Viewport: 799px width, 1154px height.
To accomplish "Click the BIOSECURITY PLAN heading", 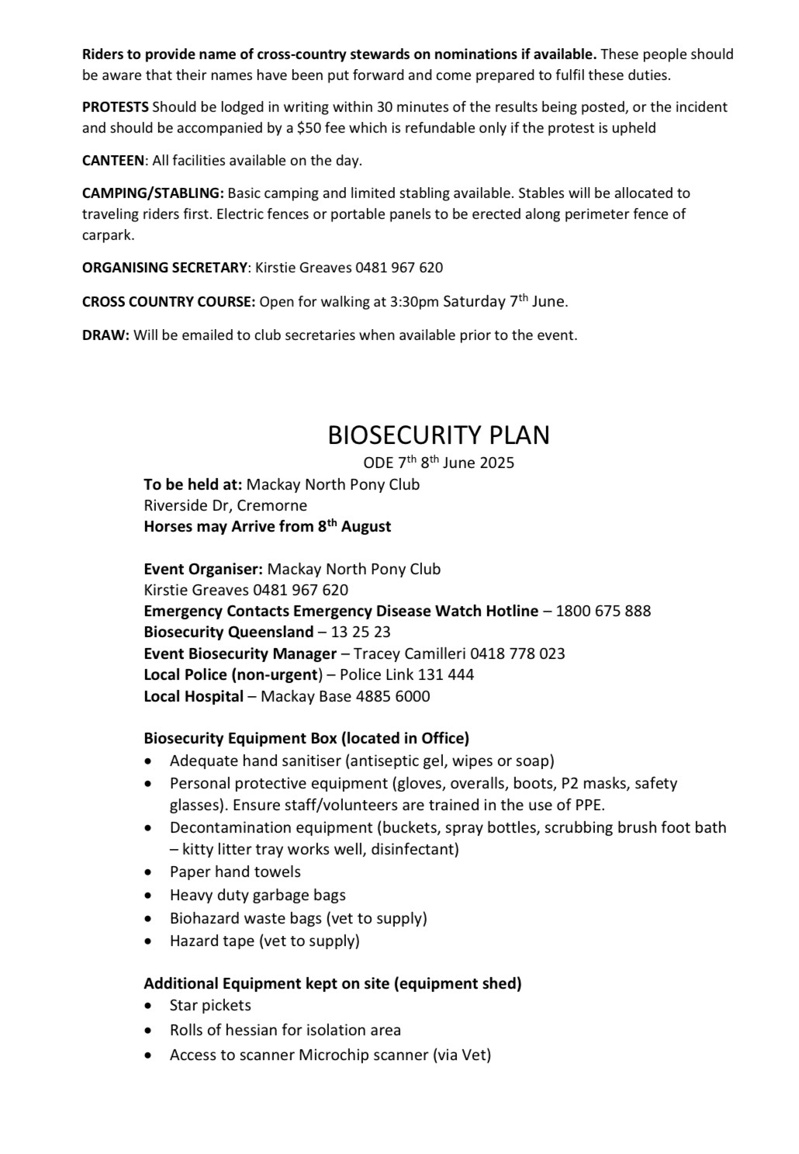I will pyautogui.click(x=438, y=435).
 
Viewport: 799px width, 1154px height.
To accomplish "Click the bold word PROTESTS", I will pyautogui.click(x=116, y=107).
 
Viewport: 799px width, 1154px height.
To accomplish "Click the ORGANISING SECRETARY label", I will pyautogui.click(x=164, y=268).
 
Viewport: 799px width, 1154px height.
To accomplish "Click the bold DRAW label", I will pyautogui.click(x=105, y=335).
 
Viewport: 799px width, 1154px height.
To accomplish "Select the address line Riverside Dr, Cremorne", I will pyautogui.click(x=225, y=505).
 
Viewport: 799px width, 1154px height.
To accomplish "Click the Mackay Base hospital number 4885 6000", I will pyautogui.click(x=393, y=696).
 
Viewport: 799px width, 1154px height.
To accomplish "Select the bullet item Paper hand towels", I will pyautogui.click(x=235, y=872).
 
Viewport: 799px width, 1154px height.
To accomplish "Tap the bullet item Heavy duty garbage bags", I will pyautogui.click(x=258, y=895).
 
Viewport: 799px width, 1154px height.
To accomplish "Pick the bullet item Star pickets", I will pyautogui.click(x=210, y=1005).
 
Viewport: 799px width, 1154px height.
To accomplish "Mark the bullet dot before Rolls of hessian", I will pyautogui.click(x=149, y=1031).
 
